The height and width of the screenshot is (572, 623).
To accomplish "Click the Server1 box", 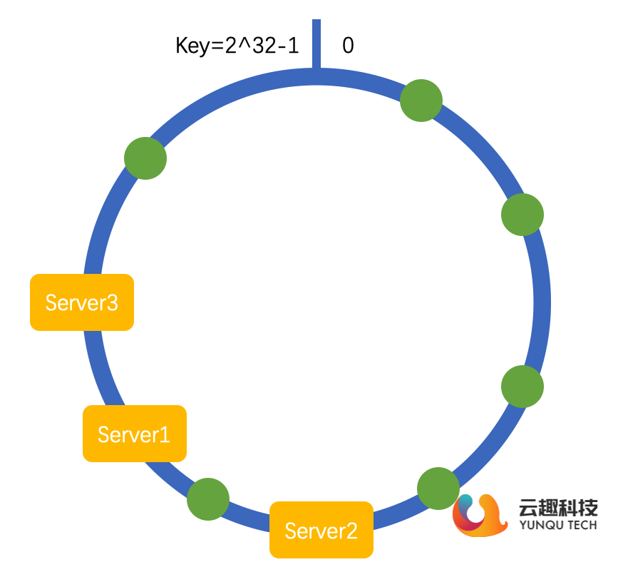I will [x=135, y=434].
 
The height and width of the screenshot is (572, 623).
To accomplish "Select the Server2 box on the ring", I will [x=321, y=530].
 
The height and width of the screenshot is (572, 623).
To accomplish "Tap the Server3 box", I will [x=82, y=302].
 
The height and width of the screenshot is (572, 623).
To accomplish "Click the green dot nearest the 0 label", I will [x=421, y=101].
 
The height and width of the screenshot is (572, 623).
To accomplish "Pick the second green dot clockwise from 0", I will [x=522, y=214].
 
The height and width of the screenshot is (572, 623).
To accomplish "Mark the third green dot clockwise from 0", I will [x=522, y=387].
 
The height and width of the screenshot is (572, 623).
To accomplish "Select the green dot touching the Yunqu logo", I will [x=438, y=489].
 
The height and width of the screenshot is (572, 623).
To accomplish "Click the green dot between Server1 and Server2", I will [x=208, y=499].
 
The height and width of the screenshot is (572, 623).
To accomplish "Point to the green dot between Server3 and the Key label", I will [x=145, y=158].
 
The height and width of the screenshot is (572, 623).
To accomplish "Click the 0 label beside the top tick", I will [x=348, y=46].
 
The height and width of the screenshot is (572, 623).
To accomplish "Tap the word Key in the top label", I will [x=191, y=46].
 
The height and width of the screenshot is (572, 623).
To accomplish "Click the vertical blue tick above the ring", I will [x=316, y=44].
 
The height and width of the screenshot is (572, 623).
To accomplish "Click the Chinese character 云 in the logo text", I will [x=530, y=508].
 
